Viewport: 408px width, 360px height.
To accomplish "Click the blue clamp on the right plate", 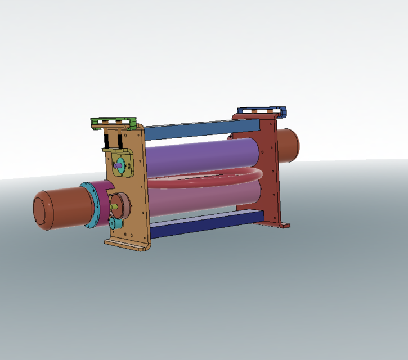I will (x=262, y=111).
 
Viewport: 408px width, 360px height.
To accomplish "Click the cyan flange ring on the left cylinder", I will (x=91, y=205).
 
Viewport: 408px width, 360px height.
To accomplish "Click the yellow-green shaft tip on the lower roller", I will (x=114, y=208).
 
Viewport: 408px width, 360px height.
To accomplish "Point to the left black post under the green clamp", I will (x=107, y=139).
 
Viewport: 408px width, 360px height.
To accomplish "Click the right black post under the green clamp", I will (x=120, y=139).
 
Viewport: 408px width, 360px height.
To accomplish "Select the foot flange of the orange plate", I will (x=127, y=245).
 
